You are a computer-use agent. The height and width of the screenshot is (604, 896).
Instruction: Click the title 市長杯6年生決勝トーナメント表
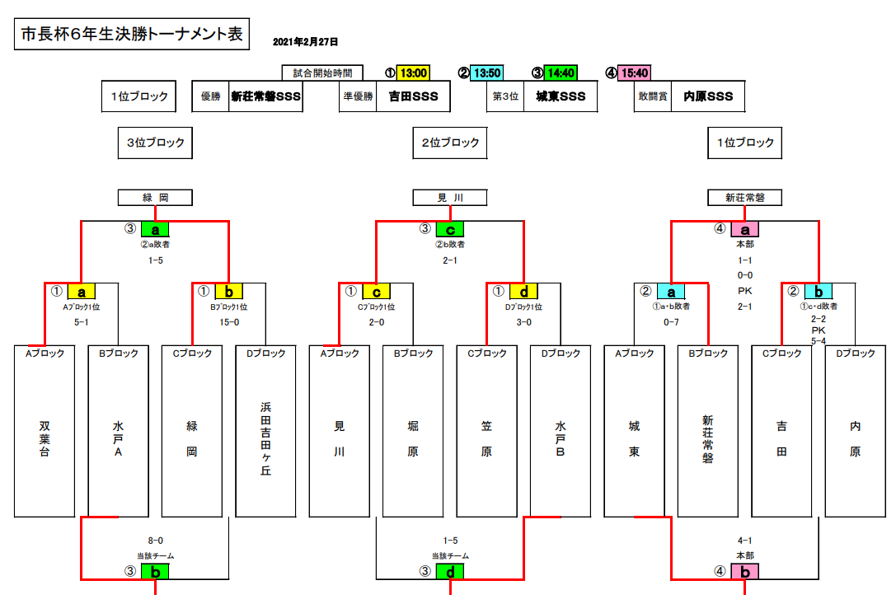132,35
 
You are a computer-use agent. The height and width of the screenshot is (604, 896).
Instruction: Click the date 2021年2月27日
305,41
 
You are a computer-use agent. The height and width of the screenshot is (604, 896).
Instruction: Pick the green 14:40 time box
561,73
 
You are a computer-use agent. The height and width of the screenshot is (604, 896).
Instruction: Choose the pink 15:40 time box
634,73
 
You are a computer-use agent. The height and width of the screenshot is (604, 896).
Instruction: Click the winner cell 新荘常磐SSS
265,96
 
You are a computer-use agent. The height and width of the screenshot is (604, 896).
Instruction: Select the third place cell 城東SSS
561,96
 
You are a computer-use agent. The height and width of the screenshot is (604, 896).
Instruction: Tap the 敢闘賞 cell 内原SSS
708,96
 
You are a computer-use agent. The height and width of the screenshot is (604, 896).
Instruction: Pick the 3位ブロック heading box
155,143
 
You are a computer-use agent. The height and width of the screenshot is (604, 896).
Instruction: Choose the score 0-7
671,322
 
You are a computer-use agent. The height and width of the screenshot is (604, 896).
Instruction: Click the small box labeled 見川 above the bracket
450,198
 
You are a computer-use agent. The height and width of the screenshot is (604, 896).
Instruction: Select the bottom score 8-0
155,541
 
